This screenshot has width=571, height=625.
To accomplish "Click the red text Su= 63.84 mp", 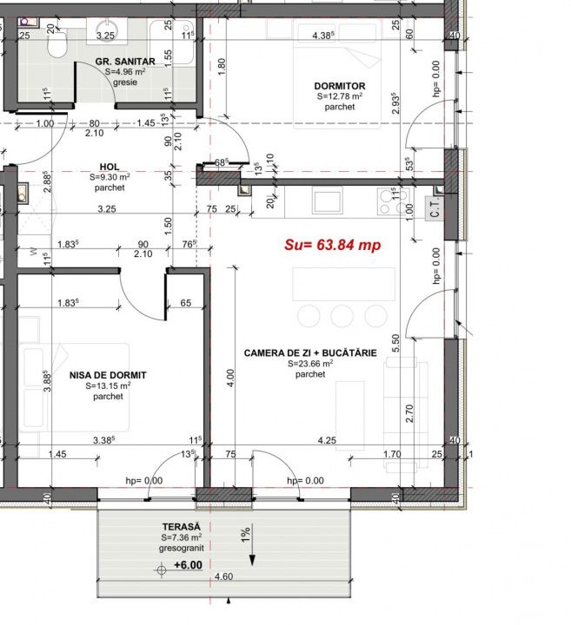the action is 332,245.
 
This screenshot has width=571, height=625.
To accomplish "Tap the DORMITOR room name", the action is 340,86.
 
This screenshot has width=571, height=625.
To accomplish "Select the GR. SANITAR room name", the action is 125,62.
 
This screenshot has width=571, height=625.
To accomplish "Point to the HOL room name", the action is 110,167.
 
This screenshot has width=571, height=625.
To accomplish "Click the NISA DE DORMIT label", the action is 108,375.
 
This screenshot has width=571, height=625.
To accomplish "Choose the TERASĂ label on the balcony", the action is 181,527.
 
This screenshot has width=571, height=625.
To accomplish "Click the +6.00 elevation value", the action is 188,565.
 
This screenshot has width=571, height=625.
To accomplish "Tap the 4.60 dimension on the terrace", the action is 223,576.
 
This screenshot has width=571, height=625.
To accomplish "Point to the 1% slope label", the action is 246,534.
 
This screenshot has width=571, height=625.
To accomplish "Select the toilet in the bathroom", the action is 57,43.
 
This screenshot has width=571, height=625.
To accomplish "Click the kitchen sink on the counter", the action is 327,201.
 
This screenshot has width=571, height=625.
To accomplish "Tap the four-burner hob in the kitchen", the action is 393,201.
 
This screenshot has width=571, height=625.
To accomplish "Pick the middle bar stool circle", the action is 342,316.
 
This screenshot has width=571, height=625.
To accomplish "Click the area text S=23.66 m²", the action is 310,364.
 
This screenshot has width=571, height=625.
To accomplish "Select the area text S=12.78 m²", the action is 340,96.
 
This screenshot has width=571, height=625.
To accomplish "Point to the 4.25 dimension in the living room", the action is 327,440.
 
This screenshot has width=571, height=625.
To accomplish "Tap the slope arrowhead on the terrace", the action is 252,561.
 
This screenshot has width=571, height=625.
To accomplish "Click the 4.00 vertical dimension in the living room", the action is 230,378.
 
